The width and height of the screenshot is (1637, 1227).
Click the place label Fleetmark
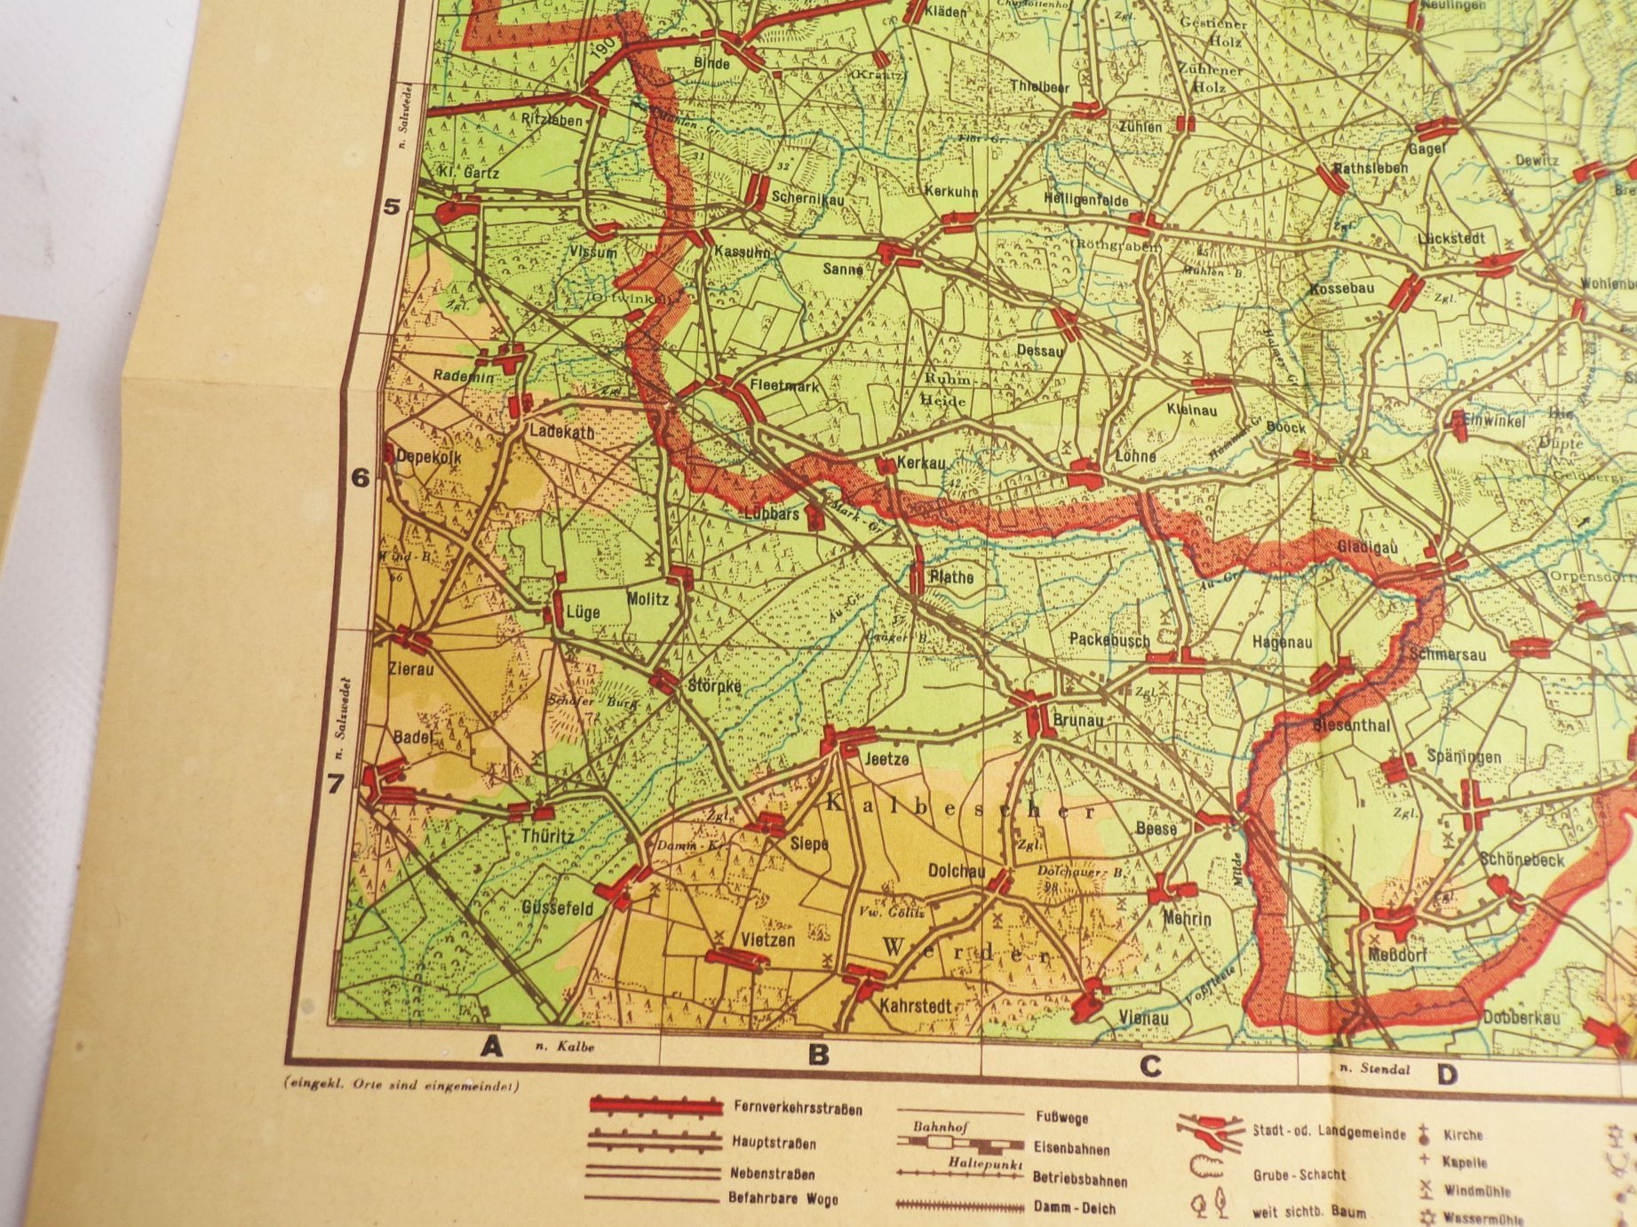pos(784,387)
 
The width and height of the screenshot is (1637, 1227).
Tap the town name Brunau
pos(1077,721)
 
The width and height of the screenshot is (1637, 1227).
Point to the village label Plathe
pos(950,578)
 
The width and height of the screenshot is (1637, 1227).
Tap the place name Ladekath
pos(561,432)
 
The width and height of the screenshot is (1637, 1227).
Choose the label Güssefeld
pos(558,909)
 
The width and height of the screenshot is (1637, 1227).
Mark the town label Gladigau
pos(1368,549)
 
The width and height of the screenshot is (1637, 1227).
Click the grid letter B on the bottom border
pos(817,1056)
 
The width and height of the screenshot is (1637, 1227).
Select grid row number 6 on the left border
pos(360,479)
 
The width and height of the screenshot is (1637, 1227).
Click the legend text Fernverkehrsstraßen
pos(798,1109)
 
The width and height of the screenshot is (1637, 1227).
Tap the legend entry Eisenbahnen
pos(1071,1149)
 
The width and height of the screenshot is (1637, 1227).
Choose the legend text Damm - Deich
pos(1075,1208)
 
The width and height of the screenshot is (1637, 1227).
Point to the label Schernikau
pos(807,199)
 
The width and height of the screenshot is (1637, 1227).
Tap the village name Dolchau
pos(957,872)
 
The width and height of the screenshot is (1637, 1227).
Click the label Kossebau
pos(1342,289)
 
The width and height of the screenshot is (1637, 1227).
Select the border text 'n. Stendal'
pos(1372,1069)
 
